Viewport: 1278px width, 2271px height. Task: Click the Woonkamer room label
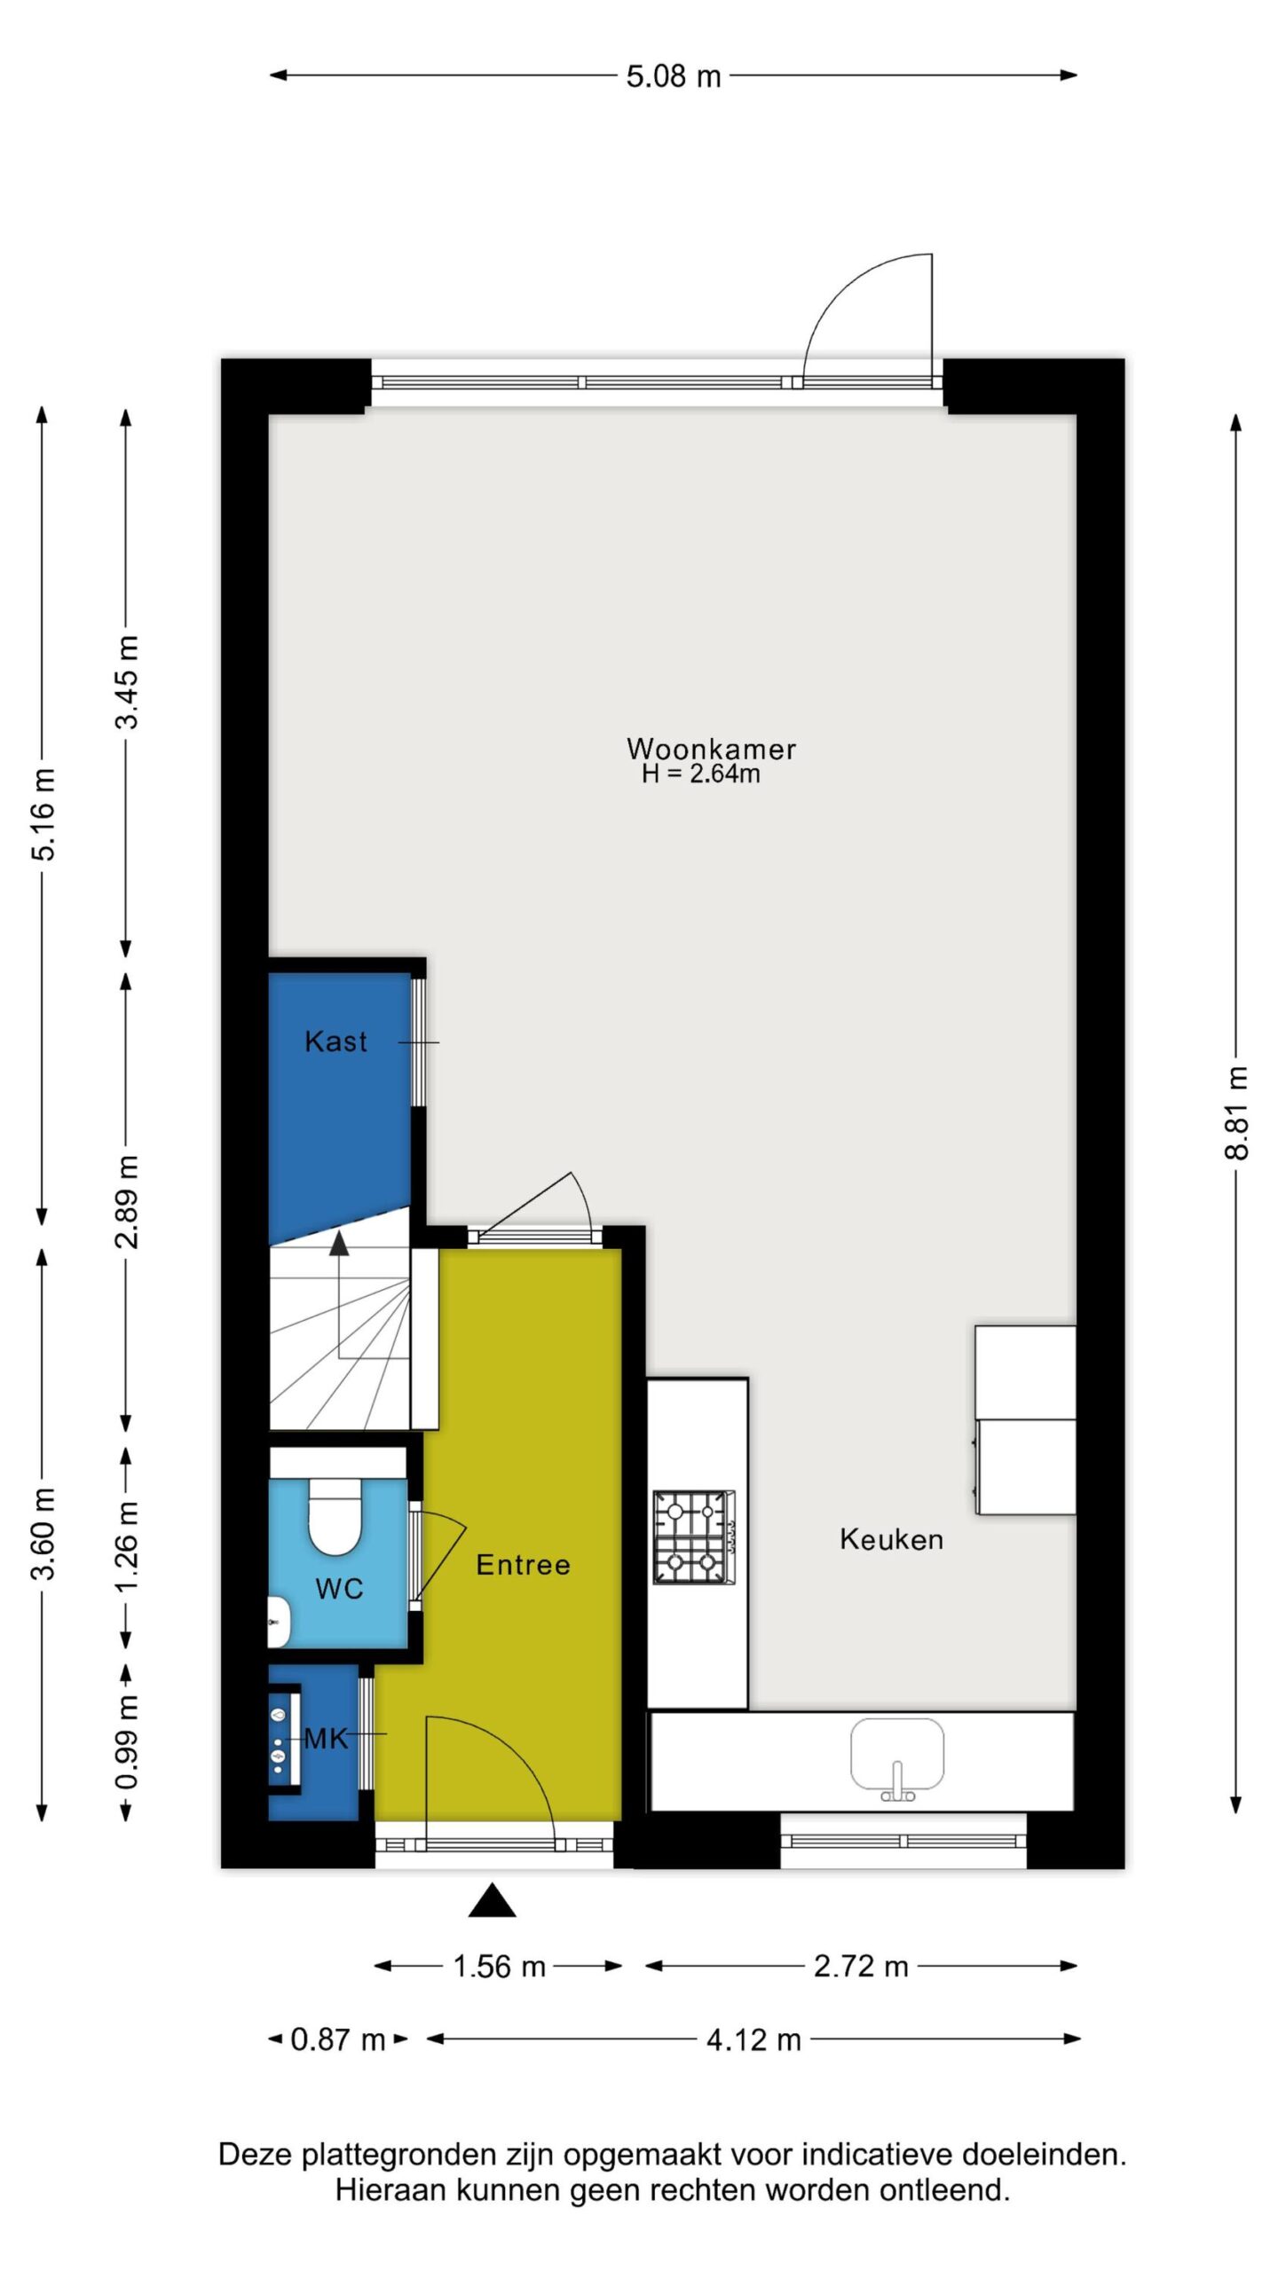pyautogui.click(x=711, y=749)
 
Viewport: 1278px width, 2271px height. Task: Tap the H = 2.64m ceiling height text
pyautogui.click(x=701, y=774)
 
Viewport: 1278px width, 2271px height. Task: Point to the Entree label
pyautogui.click(x=523, y=1564)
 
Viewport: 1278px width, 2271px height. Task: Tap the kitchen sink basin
pyautogui.click(x=896, y=1754)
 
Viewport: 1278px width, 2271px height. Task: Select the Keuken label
pyautogui.click(x=891, y=1539)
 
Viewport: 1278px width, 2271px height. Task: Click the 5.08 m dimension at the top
pyautogui.click(x=674, y=76)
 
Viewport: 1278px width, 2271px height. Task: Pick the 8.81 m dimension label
pyautogui.click(x=1236, y=1112)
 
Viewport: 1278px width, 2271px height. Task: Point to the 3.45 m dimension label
pyautogui.click(x=127, y=682)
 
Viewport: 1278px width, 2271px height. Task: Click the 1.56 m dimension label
pyautogui.click(x=499, y=1967)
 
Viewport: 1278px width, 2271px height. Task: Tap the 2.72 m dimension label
pyautogui.click(x=861, y=1967)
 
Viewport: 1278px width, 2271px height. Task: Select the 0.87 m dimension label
pyautogui.click(x=338, y=2039)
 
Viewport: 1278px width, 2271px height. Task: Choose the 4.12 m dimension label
pyautogui.click(x=753, y=2039)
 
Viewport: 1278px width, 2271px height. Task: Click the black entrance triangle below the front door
pyautogui.click(x=493, y=1902)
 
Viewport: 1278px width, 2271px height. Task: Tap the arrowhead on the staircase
pyautogui.click(x=339, y=1243)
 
